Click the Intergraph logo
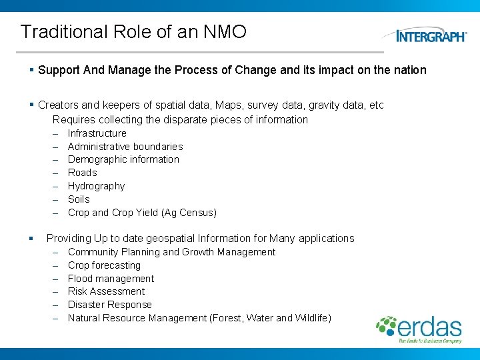coord(431,35)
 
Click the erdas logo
coord(419,329)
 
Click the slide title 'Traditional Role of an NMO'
coord(133,31)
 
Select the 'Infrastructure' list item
coord(97,133)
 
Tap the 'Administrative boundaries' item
coord(125,147)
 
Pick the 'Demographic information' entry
coord(123,159)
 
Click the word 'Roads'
coord(83,173)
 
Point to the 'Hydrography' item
coord(96,186)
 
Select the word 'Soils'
coord(79,199)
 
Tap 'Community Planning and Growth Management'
coord(171,252)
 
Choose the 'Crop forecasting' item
coord(104,265)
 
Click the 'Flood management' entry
coord(111,279)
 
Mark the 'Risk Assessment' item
coord(106,291)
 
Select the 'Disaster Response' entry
coord(110,305)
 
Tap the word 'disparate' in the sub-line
coord(169,120)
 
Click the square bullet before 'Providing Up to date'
coord(31,239)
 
